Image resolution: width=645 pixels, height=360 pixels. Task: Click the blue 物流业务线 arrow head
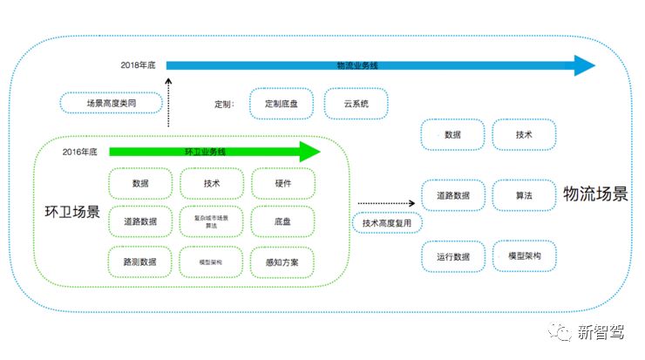click(x=583, y=65)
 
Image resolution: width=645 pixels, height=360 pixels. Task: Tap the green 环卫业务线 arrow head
click(x=310, y=152)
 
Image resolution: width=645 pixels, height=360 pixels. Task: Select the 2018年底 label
click(x=137, y=65)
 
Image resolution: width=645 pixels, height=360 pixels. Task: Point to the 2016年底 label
click(x=79, y=152)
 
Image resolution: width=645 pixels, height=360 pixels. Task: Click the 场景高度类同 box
click(x=112, y=104)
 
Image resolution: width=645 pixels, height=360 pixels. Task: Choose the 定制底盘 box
click(x=282, y=104)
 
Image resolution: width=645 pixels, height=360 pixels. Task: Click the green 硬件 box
click(x=282, y=184)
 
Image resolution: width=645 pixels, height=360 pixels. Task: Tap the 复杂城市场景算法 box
click(x=211, y=222)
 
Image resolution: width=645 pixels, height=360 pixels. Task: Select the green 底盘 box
click(x=282, y=222)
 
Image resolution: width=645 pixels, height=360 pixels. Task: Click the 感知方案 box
click(x=282, y=262)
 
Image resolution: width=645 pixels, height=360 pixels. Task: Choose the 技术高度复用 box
click(x=392, y=223)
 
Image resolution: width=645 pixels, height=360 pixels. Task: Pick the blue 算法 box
click(x=523, y=196)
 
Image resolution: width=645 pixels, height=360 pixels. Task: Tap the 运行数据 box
click(x=452, y=256)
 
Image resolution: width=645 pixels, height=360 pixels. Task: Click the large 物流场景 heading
click(x=595, y=194)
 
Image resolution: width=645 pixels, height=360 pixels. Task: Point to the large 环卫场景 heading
click(x=72, y=212)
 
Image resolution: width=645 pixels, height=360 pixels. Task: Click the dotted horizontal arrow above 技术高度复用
click(x=387, y=203)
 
